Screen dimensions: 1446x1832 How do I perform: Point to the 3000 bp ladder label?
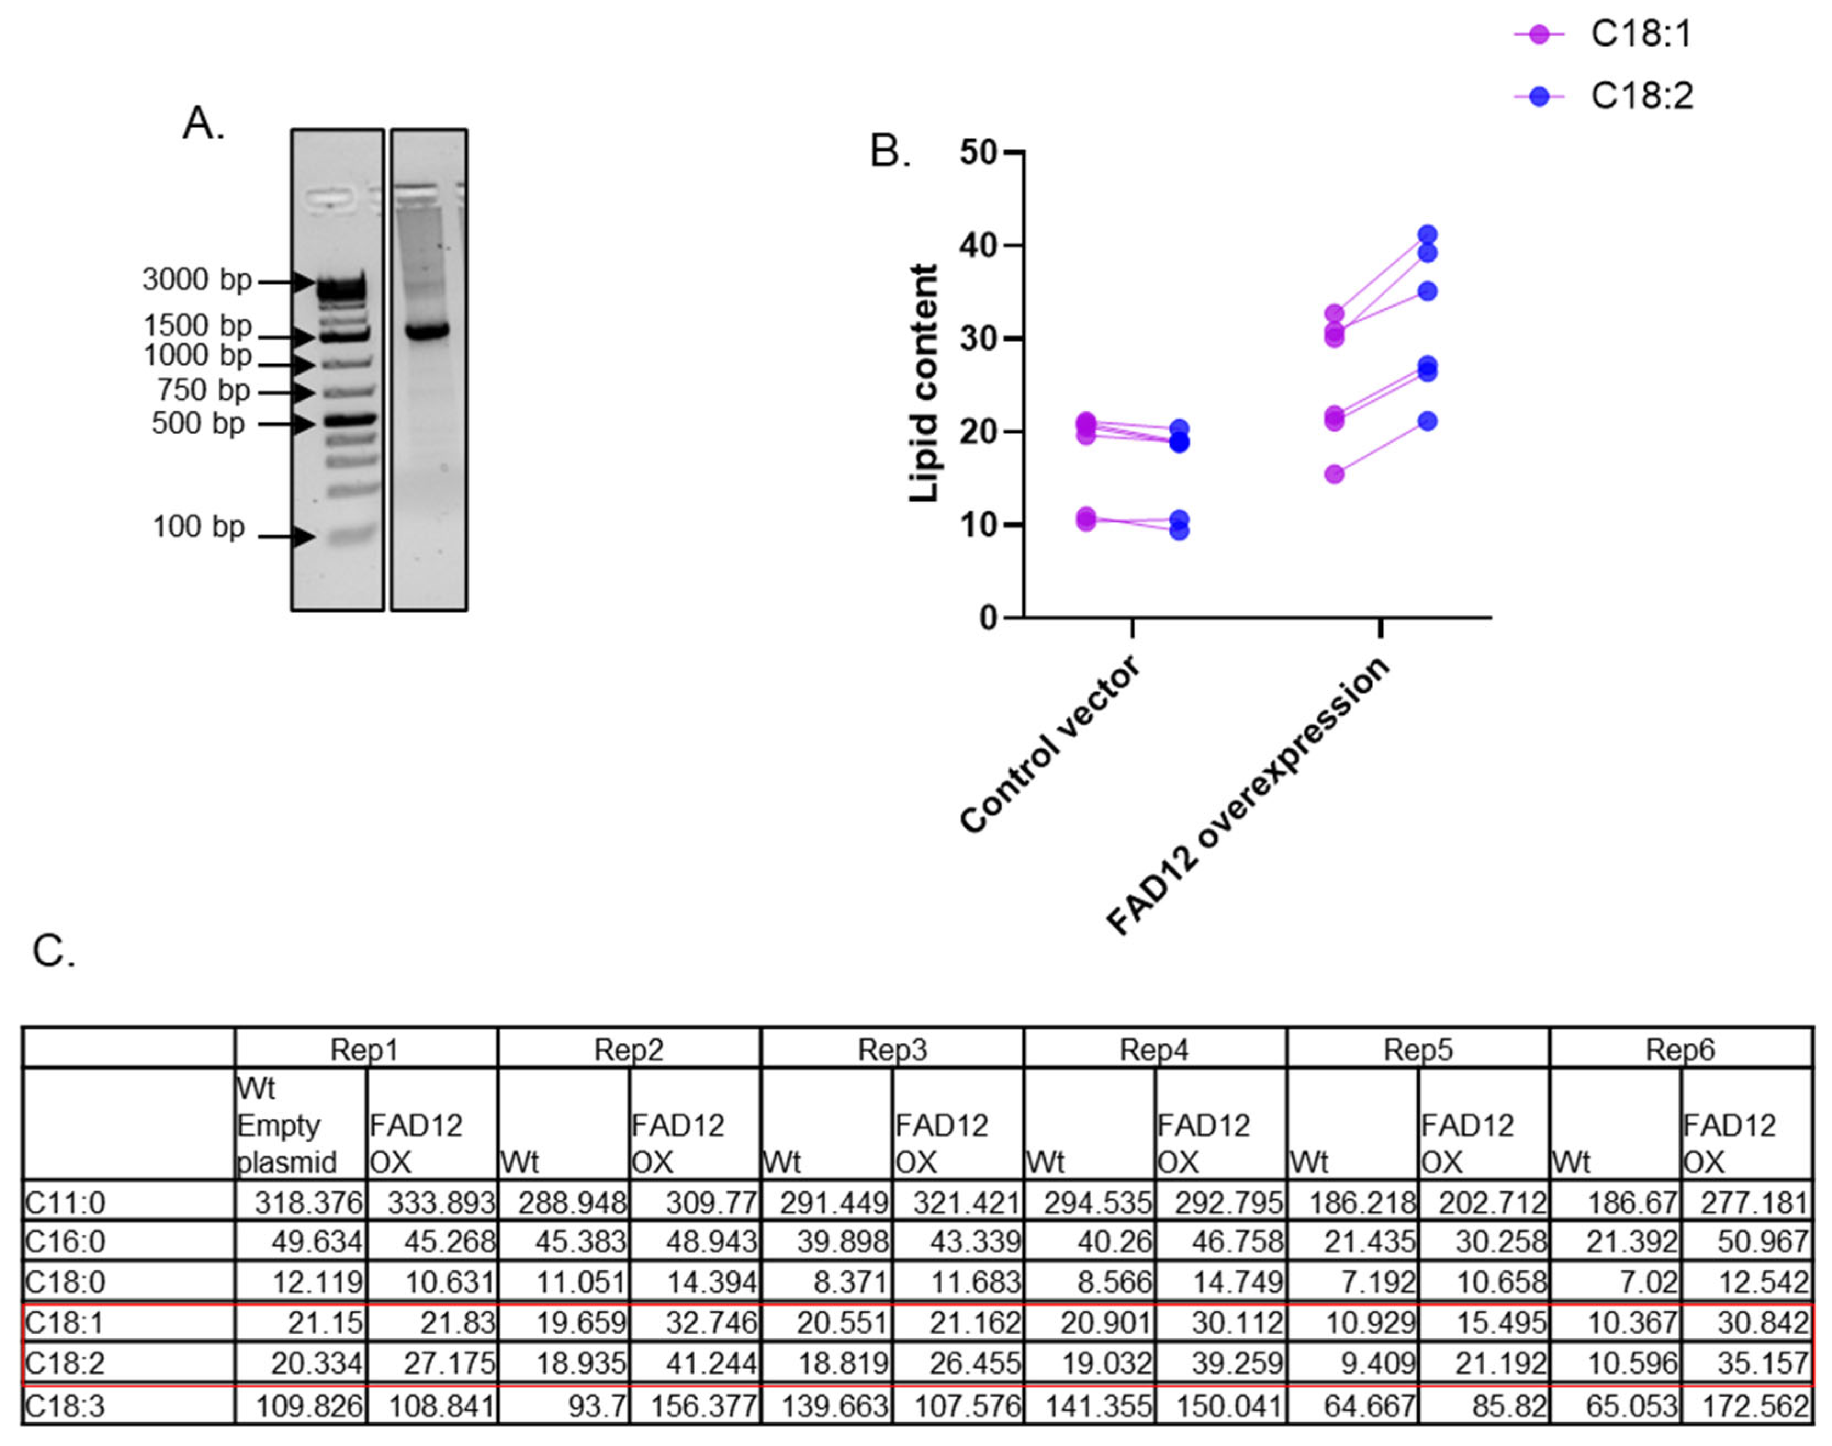click(196, 279)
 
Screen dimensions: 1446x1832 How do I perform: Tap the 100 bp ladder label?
click(198, 527)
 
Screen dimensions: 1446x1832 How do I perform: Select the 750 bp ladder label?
click(203, 390)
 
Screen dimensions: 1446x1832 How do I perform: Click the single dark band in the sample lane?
click(427, 331)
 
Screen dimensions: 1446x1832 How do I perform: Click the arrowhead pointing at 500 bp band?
click(302, 423)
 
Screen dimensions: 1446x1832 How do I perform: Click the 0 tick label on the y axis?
click(989, 619)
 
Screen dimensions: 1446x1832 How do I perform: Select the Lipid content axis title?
click(923, 383)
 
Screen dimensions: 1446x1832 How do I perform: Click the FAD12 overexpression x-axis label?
click(1249, 796)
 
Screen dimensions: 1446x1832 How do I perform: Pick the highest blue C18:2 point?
click(1427, 235)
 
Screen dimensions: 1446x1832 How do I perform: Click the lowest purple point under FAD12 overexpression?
click(1334, 474)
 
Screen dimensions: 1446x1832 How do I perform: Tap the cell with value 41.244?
click(694, 1364)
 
